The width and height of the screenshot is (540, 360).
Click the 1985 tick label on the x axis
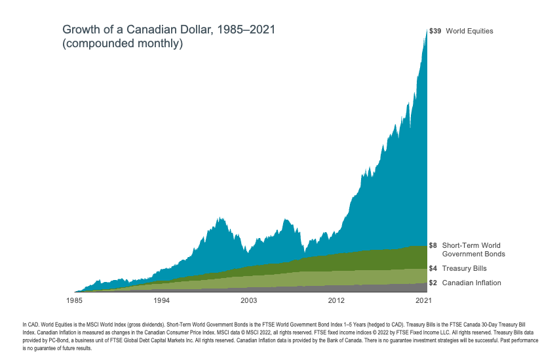pyautogui.click(x=75, y=300)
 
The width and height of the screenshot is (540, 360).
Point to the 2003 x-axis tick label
pyautogui.click(x=249, y=300)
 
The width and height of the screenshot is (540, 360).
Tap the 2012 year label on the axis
pyautogui.click(x=336, y=300)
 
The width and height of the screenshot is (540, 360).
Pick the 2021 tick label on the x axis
pyautogui.click(x=423, y=300)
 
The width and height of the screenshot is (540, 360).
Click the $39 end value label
pyautogui.click(x=434, y=31)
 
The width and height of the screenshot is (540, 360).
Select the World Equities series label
pyautogui.click(x=469, y=31)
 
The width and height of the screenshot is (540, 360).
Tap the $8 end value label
pyautogui.click(x=433, y=245)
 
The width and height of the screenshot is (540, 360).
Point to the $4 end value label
pyautogui.click(x=433, y=268)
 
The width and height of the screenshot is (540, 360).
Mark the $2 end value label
pyautogui.click(x=433, y=283)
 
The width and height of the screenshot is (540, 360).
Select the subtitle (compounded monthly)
pyautogui.click(x=122, y=45)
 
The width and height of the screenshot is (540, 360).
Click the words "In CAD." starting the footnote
pyautogui.click(x=29, y=325)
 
